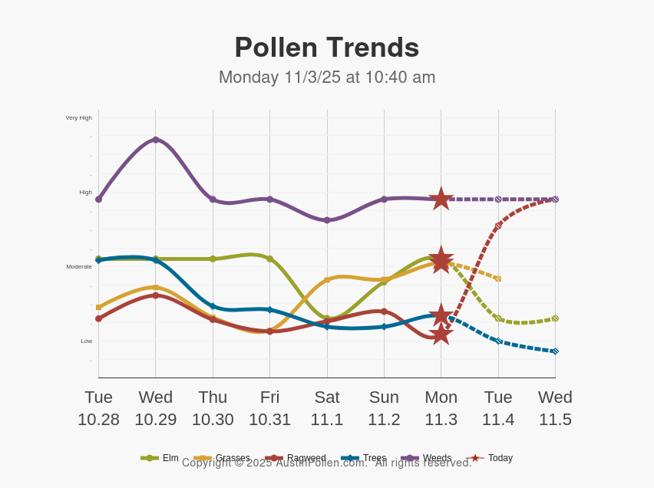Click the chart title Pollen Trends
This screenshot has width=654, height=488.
click(x=326, y=48)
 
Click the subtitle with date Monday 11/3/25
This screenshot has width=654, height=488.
click(x=326, y=77)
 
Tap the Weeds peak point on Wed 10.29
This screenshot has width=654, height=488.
click(x=156, y=140)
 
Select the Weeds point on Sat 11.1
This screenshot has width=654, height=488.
click(x=327, y=220)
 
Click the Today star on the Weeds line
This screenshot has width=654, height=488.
click(x=441, y=199)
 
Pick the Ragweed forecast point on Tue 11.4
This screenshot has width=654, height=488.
click(x=498, y=226)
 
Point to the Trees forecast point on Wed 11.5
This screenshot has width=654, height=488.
click(x=555, y=351)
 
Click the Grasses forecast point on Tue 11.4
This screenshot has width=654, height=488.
click(x=498, y=279)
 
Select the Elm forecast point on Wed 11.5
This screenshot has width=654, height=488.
click(x=555, y=318)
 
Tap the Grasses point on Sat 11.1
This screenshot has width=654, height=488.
click(x=327, y=279)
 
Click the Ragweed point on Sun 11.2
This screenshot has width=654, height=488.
click(x=384, y=312)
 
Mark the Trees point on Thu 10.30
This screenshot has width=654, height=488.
click(x=213, y=306)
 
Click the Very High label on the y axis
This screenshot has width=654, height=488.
click(x=78, y=118)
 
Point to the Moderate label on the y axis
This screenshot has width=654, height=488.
click(x=78, y=267)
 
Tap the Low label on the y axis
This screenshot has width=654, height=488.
click(x=86, y=341)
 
